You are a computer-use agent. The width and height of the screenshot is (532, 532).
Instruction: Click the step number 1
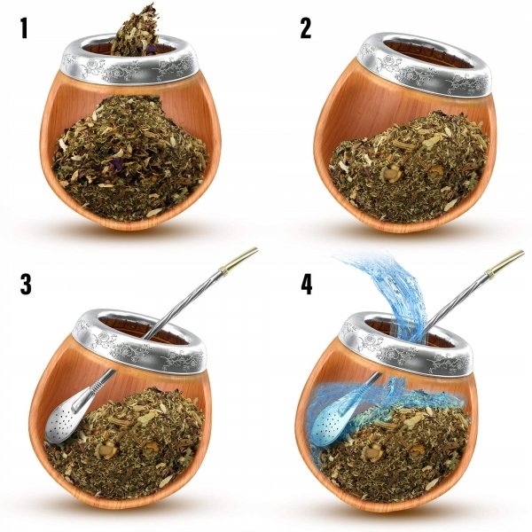pyautogui.click(x=26, y=30)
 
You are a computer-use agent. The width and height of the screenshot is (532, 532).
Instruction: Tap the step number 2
pyautogui.click(x=305, y=28)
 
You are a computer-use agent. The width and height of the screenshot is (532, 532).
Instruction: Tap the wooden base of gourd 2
pyautogui.click(x=399, y=217)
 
